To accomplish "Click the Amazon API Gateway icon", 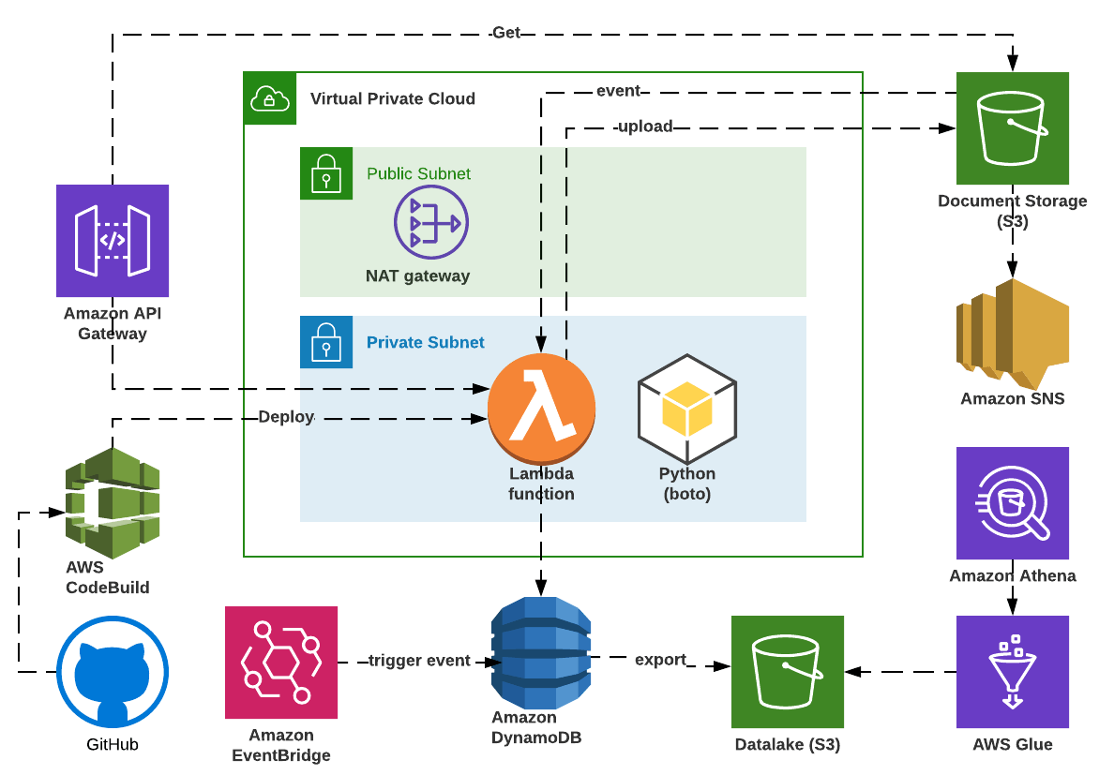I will (113, 241).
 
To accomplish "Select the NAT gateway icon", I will (430, 223).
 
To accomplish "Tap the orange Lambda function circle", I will (541, 406).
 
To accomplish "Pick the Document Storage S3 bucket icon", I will (1012, 128).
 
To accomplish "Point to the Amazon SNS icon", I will (1012, 334).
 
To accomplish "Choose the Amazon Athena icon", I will (1012, 503).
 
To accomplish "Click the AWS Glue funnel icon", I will (1012, 672).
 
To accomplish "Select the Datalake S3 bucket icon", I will (788, 672).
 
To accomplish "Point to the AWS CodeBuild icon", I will (113, 497).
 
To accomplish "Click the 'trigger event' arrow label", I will (419, 661).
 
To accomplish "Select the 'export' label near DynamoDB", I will (660, 660).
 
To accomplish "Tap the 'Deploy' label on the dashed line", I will (286, 417).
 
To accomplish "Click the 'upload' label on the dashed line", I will (644, 127).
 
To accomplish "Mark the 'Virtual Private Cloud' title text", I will (392, 98).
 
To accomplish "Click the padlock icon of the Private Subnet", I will (325, 342).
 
